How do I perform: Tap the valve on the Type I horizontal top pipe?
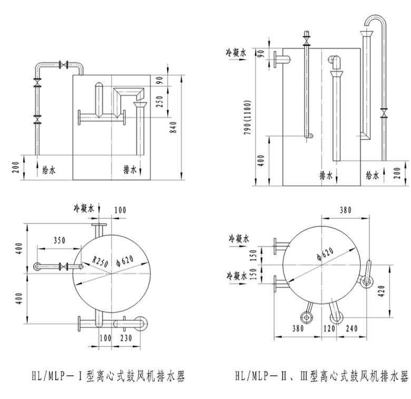pyautogui.click(x=64, y=65)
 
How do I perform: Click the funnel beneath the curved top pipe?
pyautogui.click(x=367, y=35)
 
